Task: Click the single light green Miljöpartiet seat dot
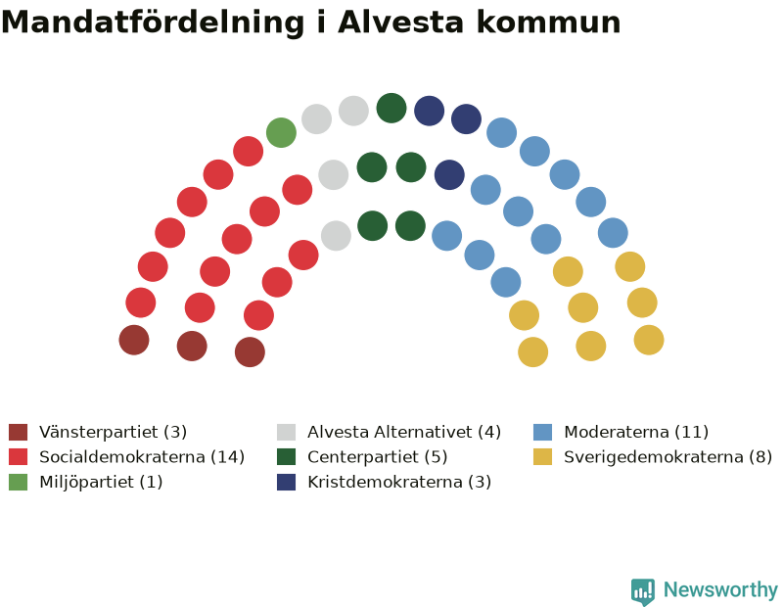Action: tap(281, 132)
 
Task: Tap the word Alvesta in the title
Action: tap(401, 22)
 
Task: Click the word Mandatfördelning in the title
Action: tap(153, 23)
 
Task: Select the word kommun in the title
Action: tap(548, 23)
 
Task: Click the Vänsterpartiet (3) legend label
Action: tap(113, 432)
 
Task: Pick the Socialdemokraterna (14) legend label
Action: tap(142, 456)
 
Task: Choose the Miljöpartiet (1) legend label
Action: tap(101, 482)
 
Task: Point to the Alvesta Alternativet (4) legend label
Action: tap(404, 432)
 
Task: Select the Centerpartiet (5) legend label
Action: tap(377, 456)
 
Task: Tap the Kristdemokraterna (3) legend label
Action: tap(399, 482)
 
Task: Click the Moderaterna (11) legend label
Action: tap(636, 432)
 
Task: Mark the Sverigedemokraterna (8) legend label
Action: tap(668, 456)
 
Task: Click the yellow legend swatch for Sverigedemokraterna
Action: tap(542, 456)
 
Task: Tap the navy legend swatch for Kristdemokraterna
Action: tap(286, 482)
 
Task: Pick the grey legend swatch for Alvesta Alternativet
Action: tap(286, 432)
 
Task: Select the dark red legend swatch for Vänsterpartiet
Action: tap(18, 432)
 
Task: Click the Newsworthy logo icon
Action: tap(643, 591)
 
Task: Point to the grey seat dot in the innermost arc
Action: tap(336, 235)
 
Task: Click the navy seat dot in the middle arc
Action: tap(449, 175)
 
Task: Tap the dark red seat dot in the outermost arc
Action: tap(134, 340)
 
